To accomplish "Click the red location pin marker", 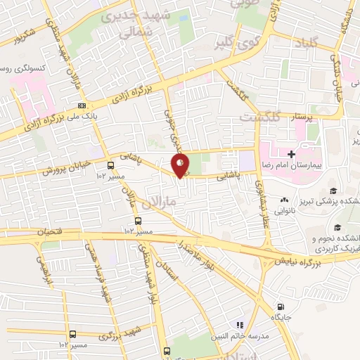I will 181,165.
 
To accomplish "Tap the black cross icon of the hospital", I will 292,153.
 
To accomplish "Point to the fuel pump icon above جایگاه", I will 281,307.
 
